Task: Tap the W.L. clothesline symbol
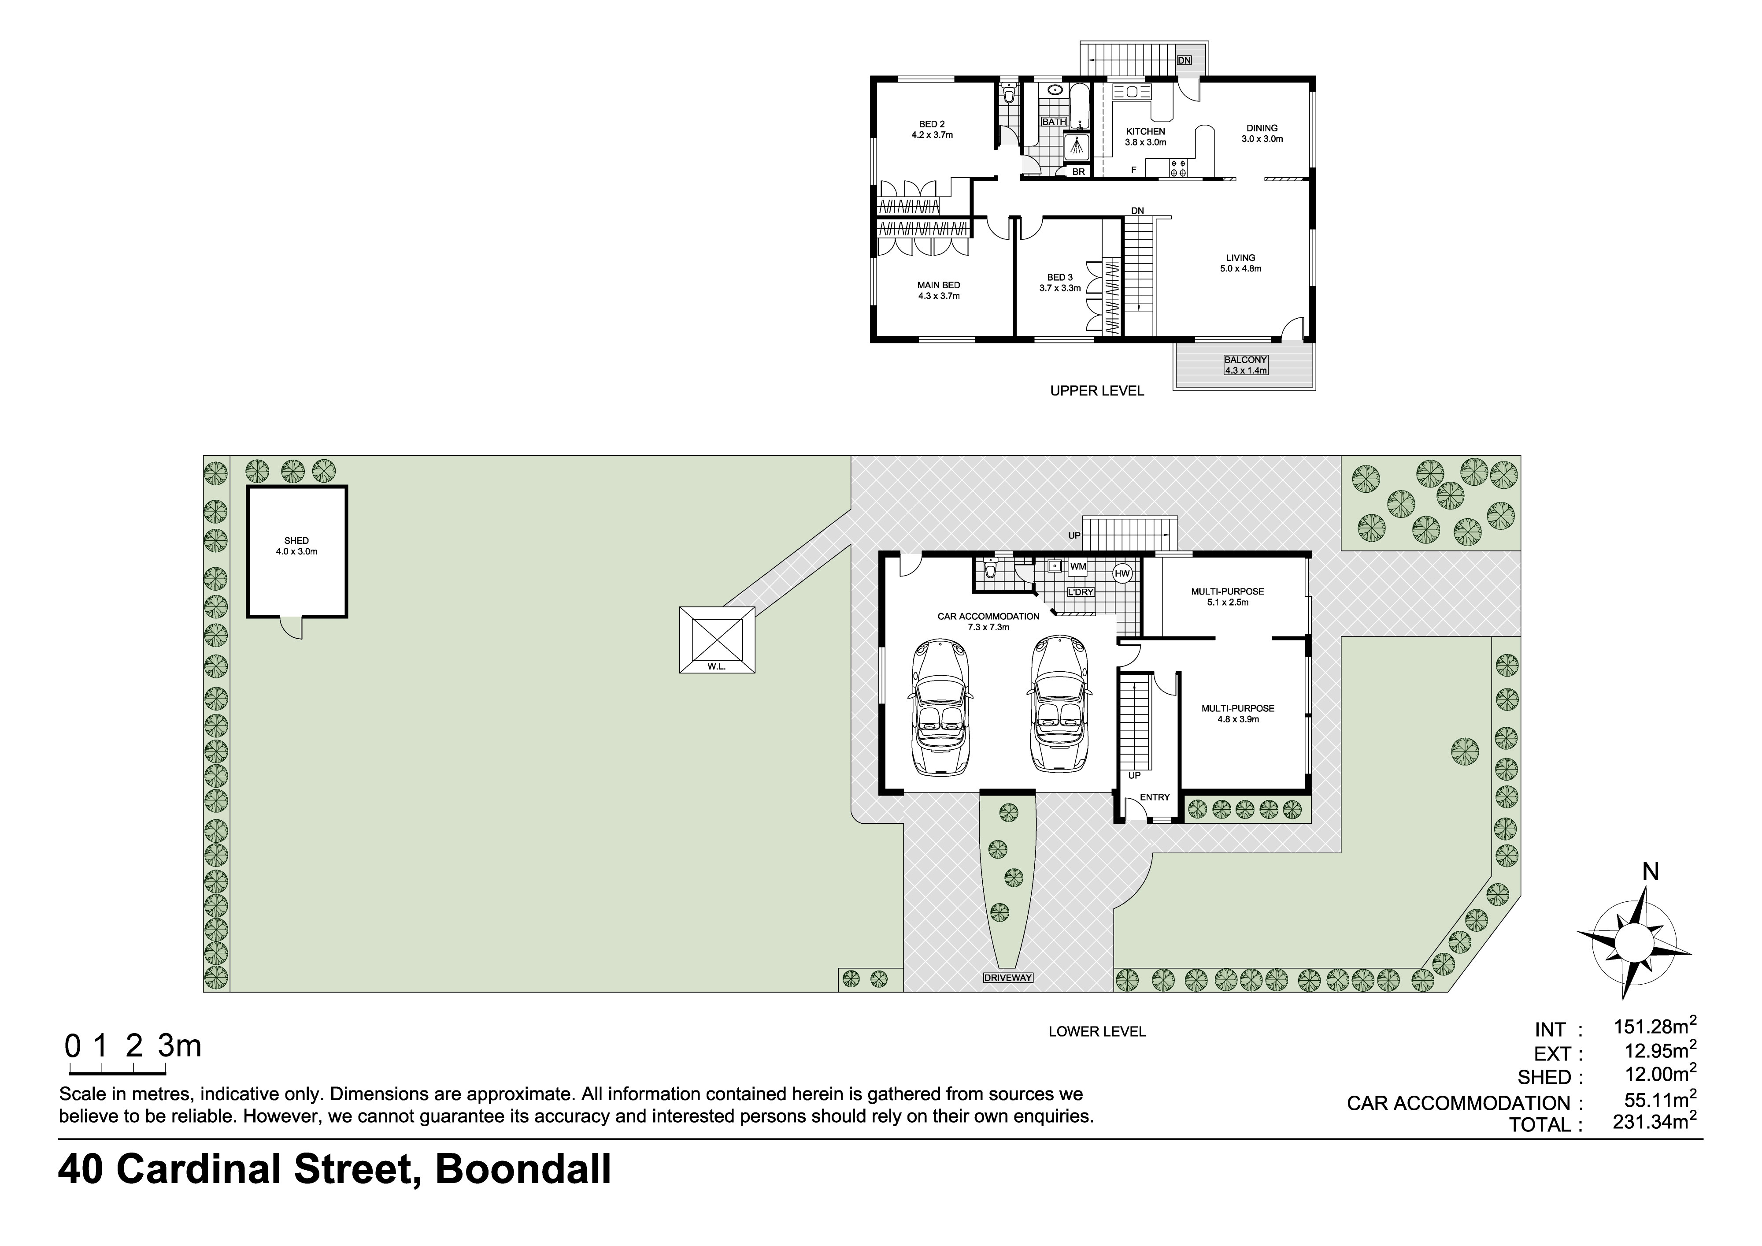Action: pos(717,640)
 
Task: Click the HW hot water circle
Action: pos(1122,573)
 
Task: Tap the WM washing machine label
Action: pos(1078,566)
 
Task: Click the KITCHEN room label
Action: pos(1146,131)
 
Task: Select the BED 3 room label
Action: pos(1060,277)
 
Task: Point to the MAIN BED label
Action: pos(939,285)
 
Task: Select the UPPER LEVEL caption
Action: pos(1097,391)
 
